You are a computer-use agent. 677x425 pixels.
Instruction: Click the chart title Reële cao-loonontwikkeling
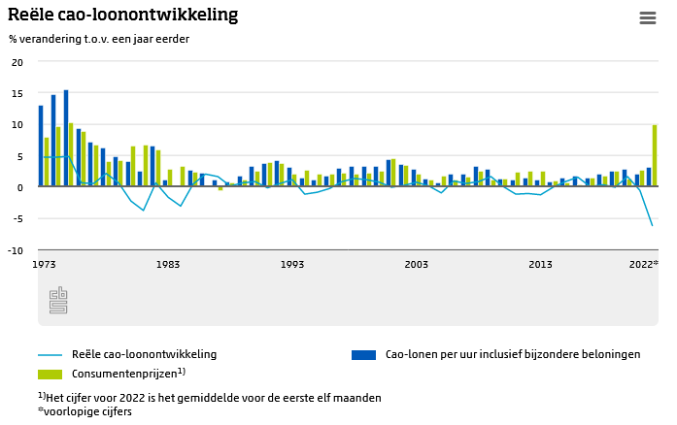123,16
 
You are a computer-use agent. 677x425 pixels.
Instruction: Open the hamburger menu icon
648,18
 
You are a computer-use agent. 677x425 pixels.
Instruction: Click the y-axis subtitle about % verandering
99,39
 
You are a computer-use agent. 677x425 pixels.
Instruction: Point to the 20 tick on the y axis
17,62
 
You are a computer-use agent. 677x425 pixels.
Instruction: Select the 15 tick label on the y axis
17,93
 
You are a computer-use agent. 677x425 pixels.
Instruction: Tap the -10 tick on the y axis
16,250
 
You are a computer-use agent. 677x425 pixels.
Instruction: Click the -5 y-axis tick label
17,218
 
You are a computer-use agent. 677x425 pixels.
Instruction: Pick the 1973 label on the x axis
45,264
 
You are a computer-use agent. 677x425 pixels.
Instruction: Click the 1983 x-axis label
168,264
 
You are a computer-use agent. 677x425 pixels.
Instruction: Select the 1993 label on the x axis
292,264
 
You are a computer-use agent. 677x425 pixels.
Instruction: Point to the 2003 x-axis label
417,264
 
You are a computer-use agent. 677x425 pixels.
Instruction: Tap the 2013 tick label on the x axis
540,264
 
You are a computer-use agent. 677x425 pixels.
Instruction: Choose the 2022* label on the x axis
643,264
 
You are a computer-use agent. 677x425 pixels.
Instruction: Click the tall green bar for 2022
655,155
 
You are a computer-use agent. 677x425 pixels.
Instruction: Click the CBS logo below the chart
58,300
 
